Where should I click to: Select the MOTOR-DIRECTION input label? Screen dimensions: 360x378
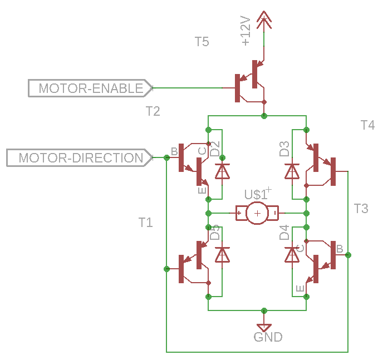click(x=80, y=157)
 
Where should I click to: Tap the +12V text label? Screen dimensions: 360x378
click(x=246, y=31)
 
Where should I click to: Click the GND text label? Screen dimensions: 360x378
click(x=268, y=337)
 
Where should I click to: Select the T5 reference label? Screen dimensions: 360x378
click(x=202, y=42)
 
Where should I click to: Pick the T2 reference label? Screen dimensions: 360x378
click(x=153, y=111)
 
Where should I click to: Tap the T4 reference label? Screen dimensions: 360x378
click(x=367, y=125)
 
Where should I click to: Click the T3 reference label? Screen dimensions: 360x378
click(x=361, y=209)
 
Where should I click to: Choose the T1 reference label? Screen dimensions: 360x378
click(x=145, y=223)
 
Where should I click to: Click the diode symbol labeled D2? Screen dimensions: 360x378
click(x=222, y=171)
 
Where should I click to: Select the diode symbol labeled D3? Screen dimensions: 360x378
click(x=292, y=171)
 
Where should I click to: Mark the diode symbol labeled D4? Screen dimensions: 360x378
click(x=292, y=254)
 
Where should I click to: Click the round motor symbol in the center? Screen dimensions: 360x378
click(x=257, y=213)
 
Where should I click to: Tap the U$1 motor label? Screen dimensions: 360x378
click(x=257, y=194)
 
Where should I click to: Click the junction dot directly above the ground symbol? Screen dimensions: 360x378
click(x=264, y=310)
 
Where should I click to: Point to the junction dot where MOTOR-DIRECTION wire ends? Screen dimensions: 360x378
click(x=166, y=157)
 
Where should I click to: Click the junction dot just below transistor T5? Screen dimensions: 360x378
click(x=264, y=116)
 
